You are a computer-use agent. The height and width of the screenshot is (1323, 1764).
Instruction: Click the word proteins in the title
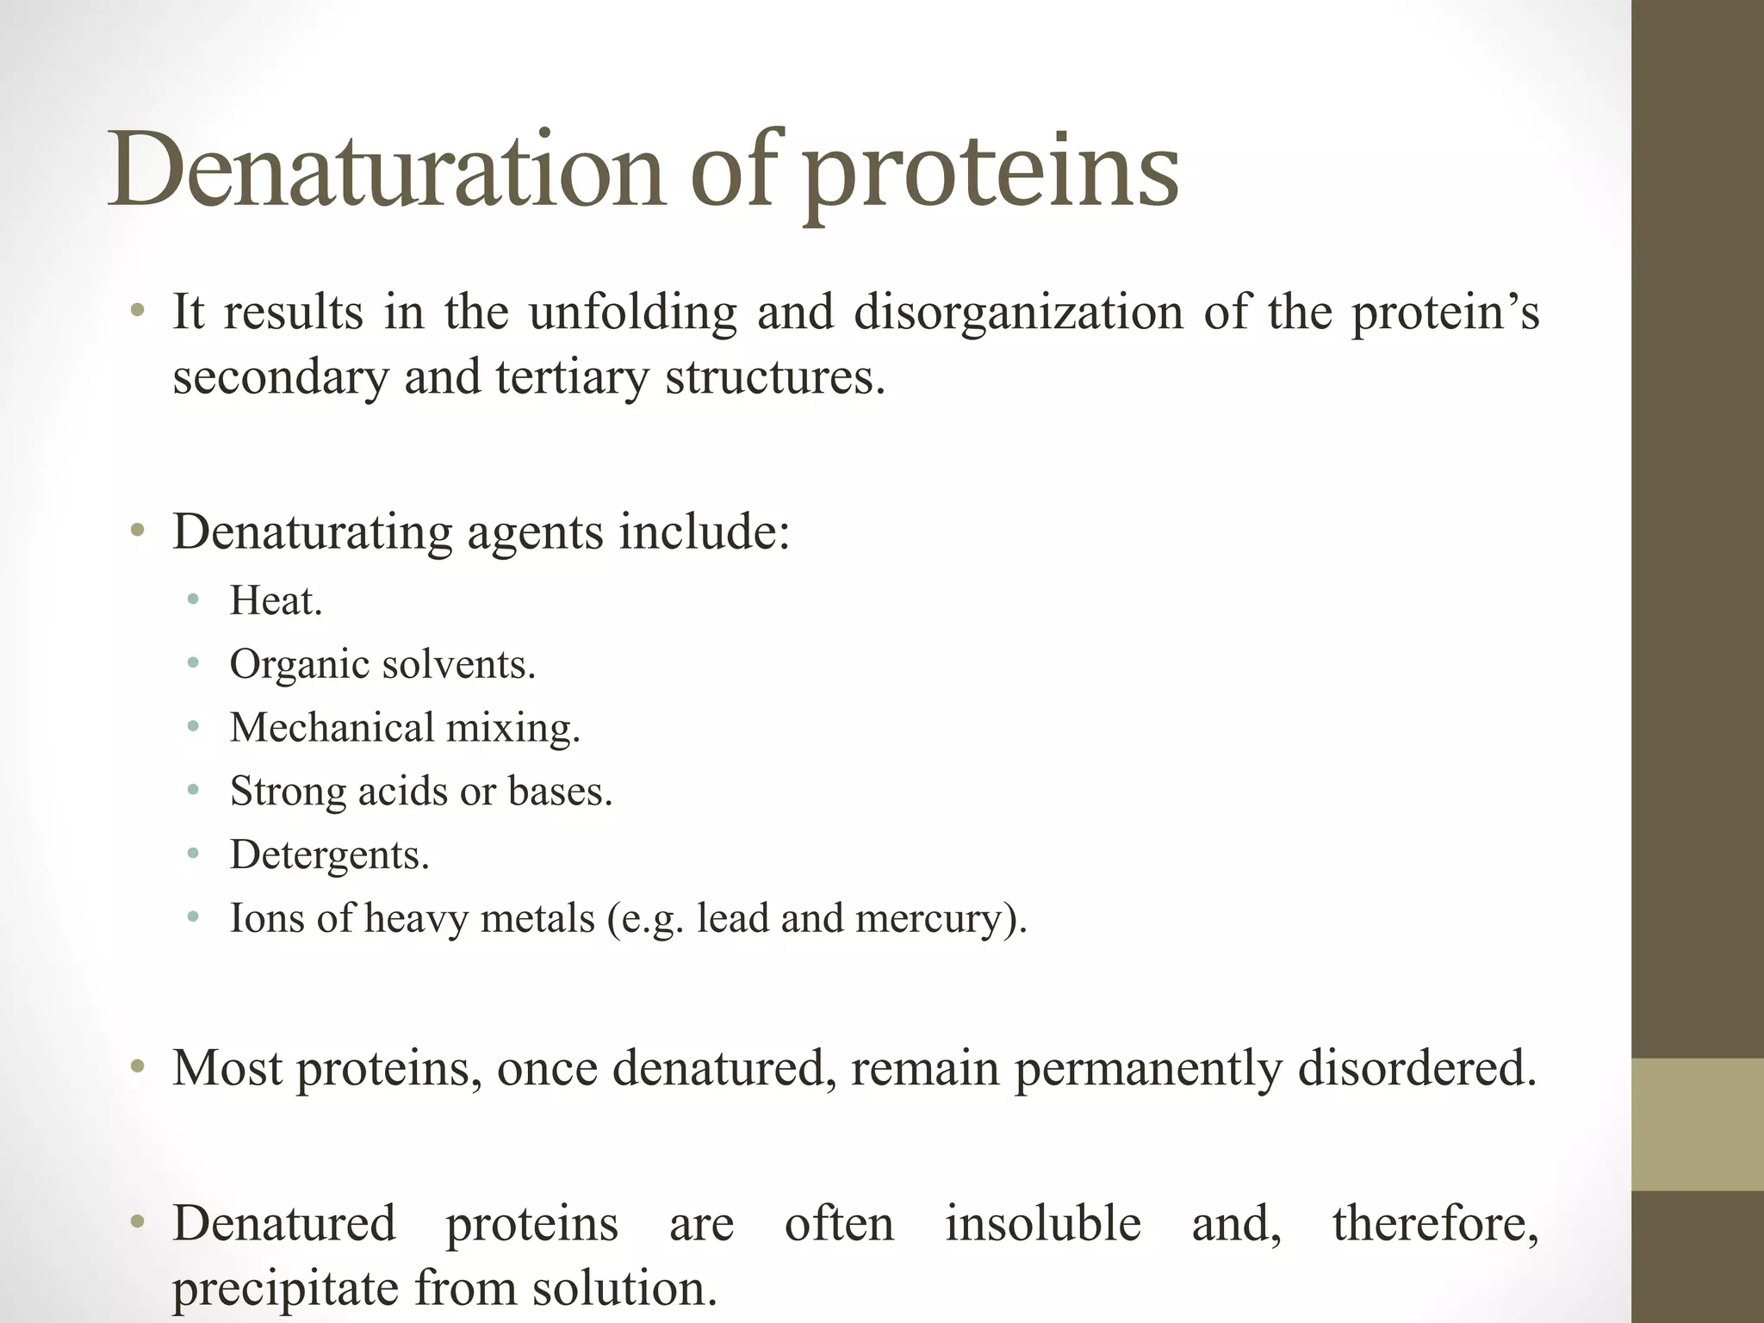[991, 172]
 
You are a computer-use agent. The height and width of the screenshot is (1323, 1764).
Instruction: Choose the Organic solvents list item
[382, 665]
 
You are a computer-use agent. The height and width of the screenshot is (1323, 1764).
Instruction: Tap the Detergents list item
[329, 854]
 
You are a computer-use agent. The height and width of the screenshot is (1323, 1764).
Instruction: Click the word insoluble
[1042, 1223]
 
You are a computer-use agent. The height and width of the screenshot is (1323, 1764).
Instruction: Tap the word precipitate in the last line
[285, 1289]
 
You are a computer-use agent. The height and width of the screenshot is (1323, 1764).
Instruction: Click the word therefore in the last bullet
[1434, 1223]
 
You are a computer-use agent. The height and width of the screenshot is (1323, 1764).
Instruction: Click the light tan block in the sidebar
[1697, 1124]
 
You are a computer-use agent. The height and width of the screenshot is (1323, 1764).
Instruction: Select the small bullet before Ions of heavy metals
[193, 917]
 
